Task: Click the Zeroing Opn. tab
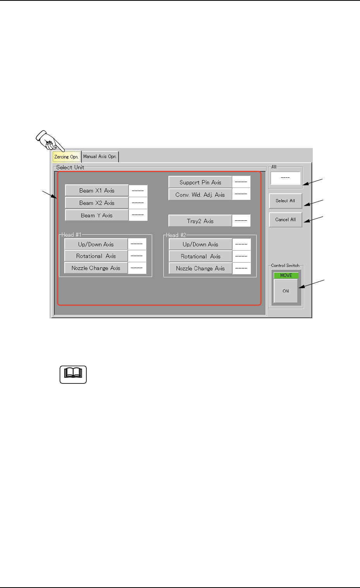[x=66, y=157]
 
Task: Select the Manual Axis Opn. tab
[x=100, y=156]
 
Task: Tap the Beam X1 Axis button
[x=97, y=191]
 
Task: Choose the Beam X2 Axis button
[x=97, y=203]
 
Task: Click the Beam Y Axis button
[x=97, y=215]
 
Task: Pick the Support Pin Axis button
[x=201, y=182]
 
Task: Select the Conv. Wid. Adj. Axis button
[x=200, y=194]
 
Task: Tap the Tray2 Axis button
[x=200, y=221]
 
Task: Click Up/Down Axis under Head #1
[x=96, y=244]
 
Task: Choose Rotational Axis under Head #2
[x=201, y=256]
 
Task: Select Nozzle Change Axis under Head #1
[x=96, y=268]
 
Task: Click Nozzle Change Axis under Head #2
[x=201, y=268]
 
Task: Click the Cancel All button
[x=285, y=220]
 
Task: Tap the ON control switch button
[x=286, y=291]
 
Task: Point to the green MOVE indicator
[x=286, y=275]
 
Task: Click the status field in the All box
[x=285, y=178]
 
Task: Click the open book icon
[x=73, y=374]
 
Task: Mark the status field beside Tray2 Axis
[x=241, y=221]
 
